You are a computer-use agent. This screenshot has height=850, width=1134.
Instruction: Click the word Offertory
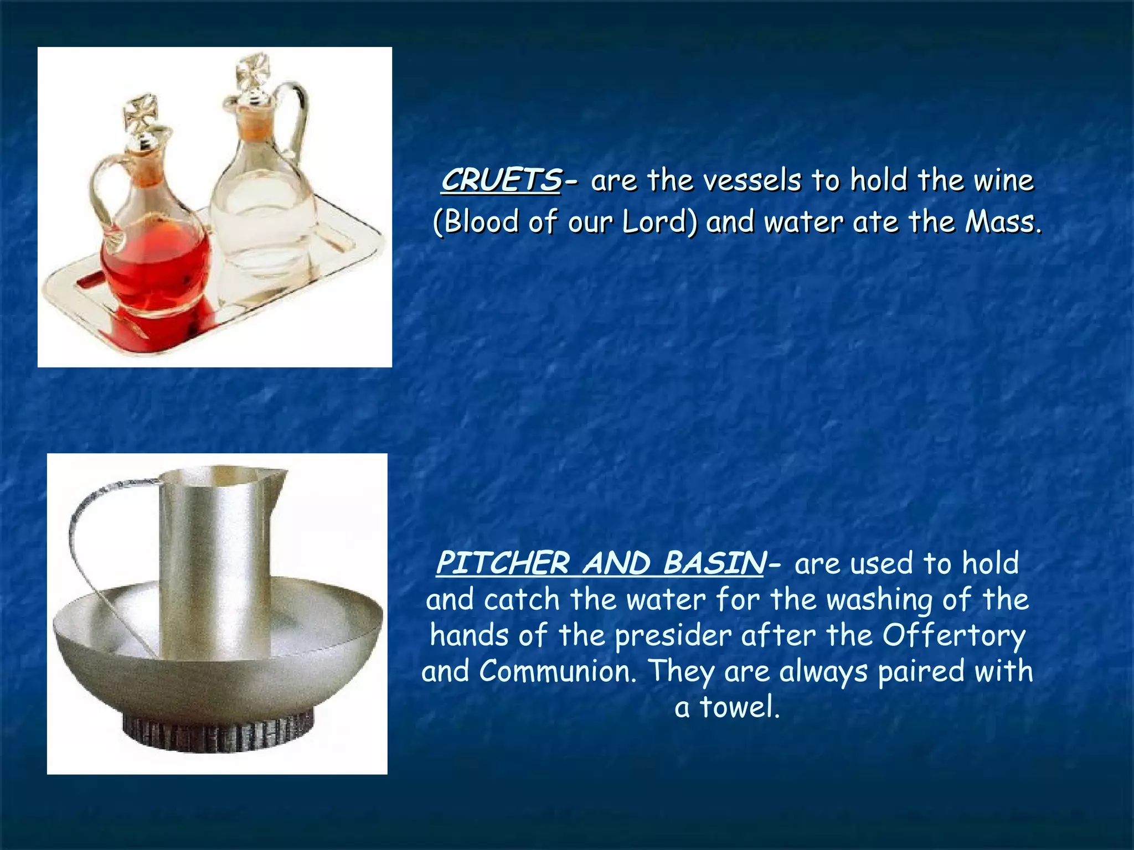tap(953, 635)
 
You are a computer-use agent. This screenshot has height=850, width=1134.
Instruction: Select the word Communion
tap(557, 671)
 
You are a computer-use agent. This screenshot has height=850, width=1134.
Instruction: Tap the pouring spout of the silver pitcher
tap(277, 476)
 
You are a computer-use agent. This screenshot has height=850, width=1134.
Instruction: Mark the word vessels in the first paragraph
tap(745, 180)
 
